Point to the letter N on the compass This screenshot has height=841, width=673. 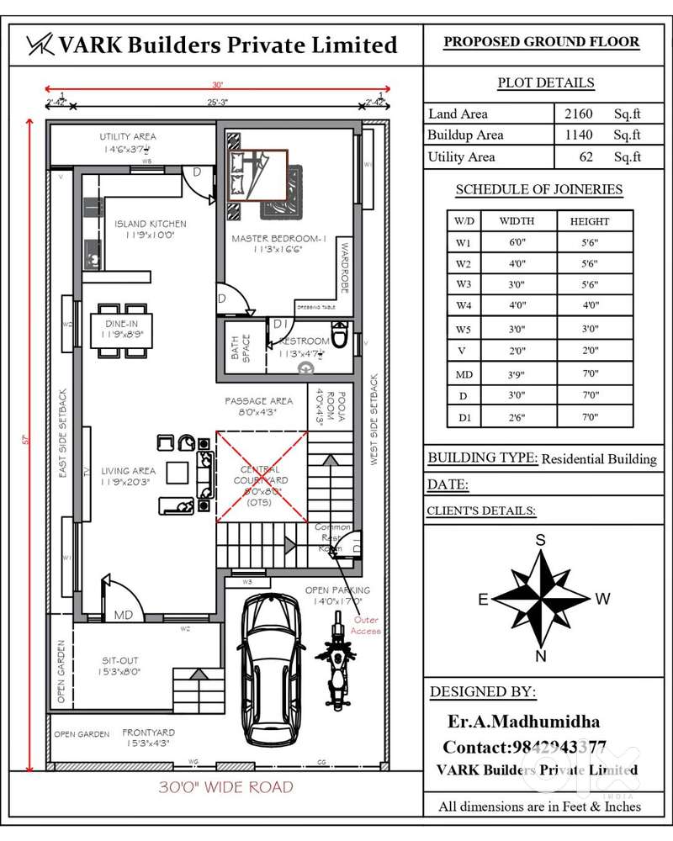click(542, 656)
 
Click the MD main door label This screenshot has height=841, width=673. click(123, 615)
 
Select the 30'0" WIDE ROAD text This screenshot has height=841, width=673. click(226, 787)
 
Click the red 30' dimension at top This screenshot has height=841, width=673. click(217, 85)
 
